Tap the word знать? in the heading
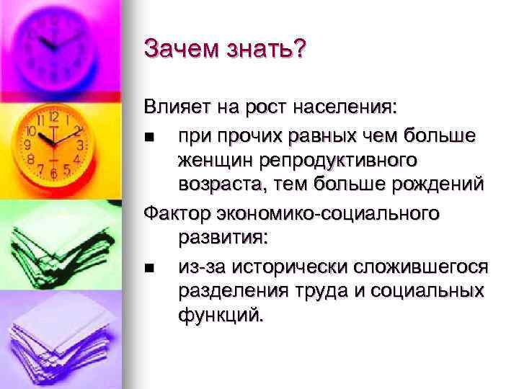coord(267,50)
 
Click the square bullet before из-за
coord(148,267)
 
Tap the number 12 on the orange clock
coord(54,115)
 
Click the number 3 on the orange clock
coord(80,144)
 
